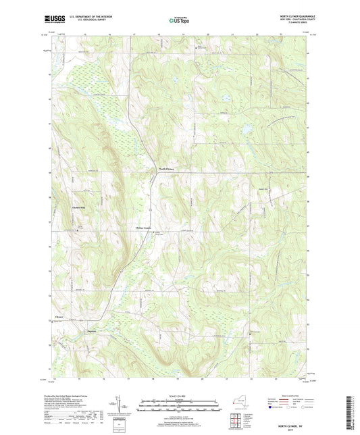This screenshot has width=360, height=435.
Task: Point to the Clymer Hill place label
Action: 80,206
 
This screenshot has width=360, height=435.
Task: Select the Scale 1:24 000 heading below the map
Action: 180,396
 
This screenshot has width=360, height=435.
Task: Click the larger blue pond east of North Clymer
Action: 247,127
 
